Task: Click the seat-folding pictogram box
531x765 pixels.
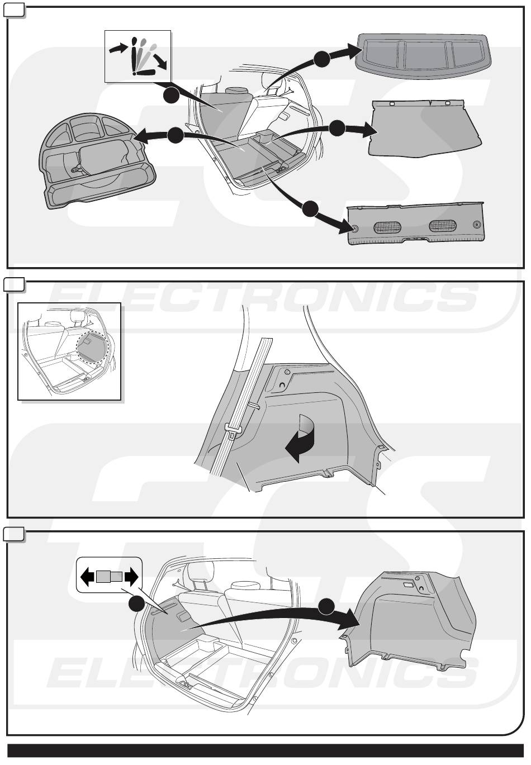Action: [x=138, y=56]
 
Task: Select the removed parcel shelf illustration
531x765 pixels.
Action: [x=424, y=56]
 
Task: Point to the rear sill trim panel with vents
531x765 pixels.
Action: [x=415, y=224]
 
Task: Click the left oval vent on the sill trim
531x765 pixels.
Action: [x=388, y=227]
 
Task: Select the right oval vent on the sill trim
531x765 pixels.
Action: [x=443, y=225]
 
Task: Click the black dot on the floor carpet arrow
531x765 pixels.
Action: [x=337, y=129]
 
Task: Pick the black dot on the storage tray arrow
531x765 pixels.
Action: [x=176, y=136]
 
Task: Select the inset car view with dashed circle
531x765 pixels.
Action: [x=69, y=351]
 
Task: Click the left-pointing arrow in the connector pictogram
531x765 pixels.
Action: [x=87, y=577]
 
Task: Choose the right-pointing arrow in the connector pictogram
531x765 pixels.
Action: [x=131, y=577]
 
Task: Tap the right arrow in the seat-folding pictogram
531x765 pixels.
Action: [x=160, y=61]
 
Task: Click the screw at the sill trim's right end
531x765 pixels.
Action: [x=477, y=225]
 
